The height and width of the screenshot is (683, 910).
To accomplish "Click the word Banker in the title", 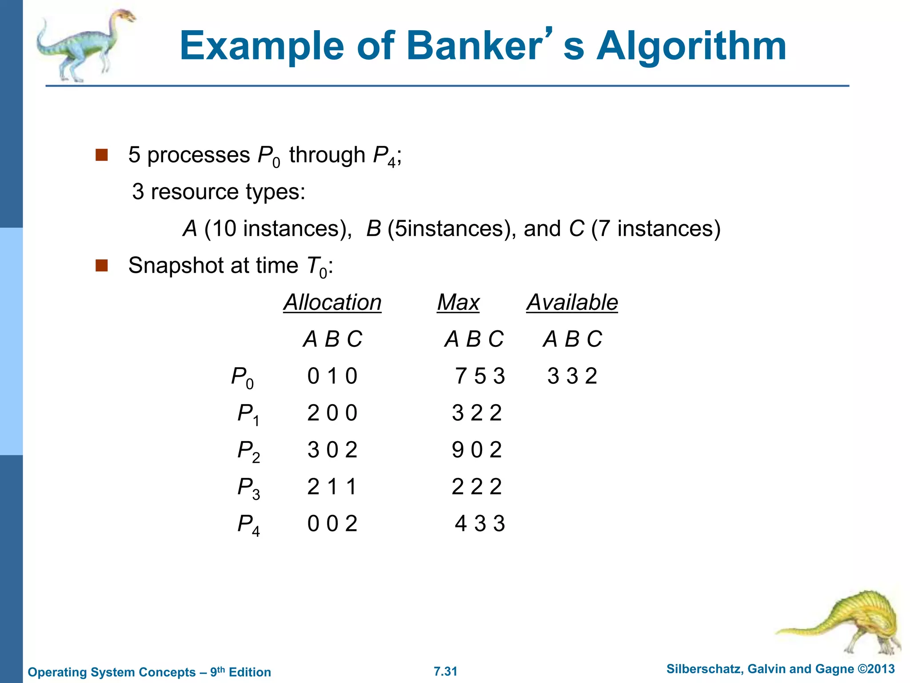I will click(474, 46).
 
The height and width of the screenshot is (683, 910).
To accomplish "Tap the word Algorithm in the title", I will click(691, 47).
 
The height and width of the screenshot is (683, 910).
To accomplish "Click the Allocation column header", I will click(332, 302).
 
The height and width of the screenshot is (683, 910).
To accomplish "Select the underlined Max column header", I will click(458, 302).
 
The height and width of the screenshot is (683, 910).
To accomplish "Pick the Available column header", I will click(572, 302).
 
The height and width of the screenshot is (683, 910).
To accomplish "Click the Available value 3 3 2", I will click(572, 376).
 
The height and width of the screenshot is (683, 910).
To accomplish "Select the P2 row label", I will click(248, 451).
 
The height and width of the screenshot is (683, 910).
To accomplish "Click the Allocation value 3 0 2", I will click(332, 450).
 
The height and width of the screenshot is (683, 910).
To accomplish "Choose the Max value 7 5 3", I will click(480, 376).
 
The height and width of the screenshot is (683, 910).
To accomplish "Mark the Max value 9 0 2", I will click(477, 450).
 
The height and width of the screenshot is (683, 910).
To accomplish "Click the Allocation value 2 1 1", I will click(332, 487).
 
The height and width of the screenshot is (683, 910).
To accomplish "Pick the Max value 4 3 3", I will click(480, 524).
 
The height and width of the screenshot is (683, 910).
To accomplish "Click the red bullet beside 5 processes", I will click(102, 155).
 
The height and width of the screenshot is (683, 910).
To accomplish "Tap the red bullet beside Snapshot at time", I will click(102, 265).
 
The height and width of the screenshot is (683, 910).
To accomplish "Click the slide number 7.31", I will click(445, 671).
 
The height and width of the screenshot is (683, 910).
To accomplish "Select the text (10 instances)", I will click(278, 229).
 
